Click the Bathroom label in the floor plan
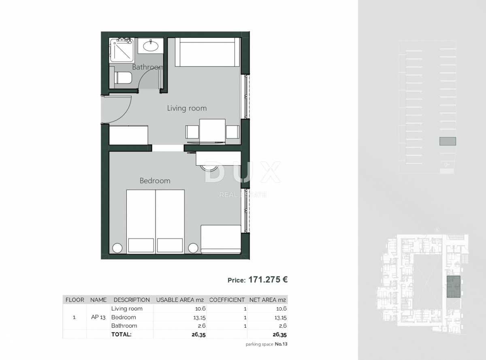[147, 67]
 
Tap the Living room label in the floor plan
[187, 108]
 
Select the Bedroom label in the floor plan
[155, 181]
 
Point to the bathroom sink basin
[151, 46]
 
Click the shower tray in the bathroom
[122, 50]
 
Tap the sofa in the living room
[207, 52]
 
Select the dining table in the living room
[212, 130]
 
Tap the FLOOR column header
[75, 300]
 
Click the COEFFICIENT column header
[227, 300]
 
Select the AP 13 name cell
[98, 317]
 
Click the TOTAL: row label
[121, 334]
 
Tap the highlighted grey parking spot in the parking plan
[448, 141]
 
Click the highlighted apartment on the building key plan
[453, 287]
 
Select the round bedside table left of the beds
[117, 247]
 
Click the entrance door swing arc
[117, 109]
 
